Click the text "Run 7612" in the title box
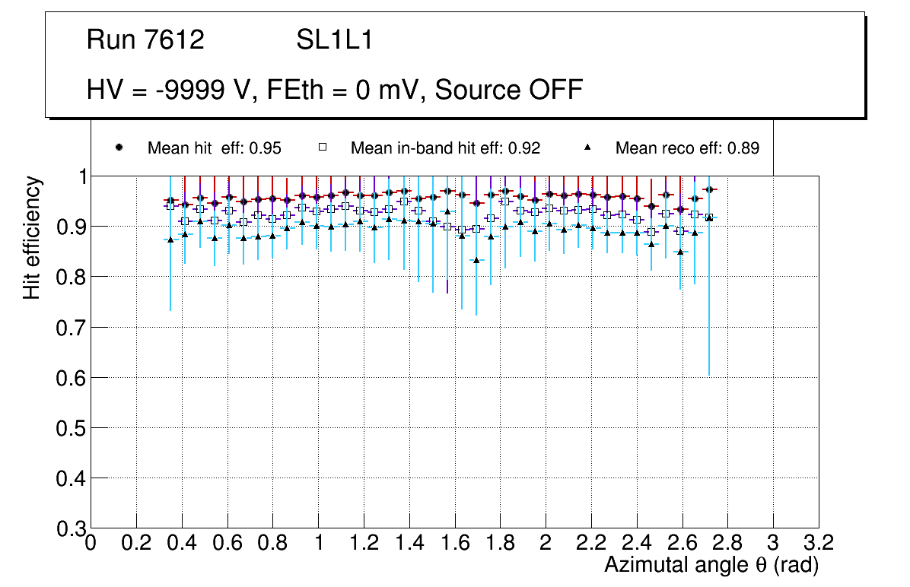145,40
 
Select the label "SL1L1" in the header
334,40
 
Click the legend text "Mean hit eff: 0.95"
214,148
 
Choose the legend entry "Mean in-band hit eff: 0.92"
445,148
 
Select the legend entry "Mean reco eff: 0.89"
686,148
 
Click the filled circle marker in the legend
119,148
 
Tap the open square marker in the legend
322,148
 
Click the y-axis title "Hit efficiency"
32,237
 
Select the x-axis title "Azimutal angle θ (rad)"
711,565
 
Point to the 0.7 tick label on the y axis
71,328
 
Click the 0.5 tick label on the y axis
71,428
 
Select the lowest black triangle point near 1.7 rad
476,260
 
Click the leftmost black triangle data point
170,240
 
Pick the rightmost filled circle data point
709,189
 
